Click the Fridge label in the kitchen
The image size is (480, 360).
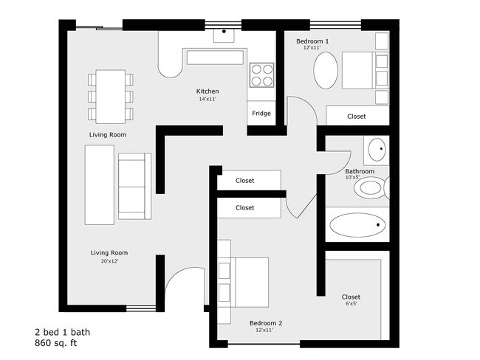click(261, 113)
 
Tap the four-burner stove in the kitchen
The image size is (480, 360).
click(261, 75)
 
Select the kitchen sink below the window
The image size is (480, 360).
click(224, 35)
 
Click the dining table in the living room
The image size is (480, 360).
click(111, 97)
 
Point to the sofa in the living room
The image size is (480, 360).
click(134, 186)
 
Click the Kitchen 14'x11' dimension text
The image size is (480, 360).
click(208, 99)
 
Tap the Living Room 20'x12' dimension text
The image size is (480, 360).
click(109, 261)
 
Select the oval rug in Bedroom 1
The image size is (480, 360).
click(326, 70)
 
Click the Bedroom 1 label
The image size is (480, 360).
click(312, 41)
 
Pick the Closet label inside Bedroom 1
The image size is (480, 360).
click(357, 117)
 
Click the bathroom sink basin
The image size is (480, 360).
click(377, 150)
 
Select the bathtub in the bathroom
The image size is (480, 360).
click(357, 225)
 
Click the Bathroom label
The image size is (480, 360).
click(360, 171)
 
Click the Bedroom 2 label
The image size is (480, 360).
click(266, 323)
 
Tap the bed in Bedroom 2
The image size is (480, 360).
click(243, 282)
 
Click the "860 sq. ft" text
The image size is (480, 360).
click(56, 343)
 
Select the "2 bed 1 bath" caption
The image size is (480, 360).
click(63, 332)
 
